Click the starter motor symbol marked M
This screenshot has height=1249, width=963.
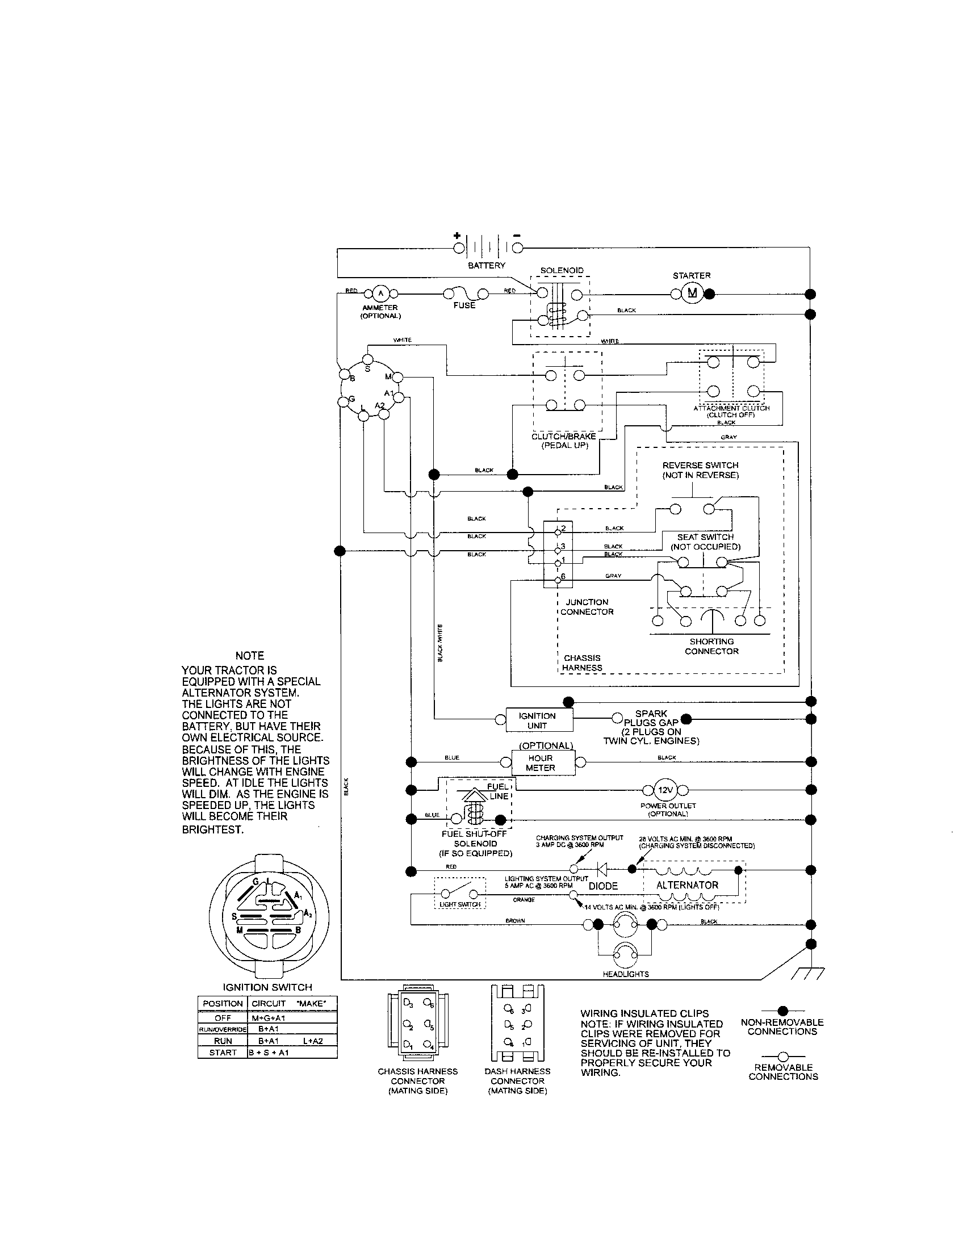click(x=693, y=294)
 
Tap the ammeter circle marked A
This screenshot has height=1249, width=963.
click(x=380, y=294)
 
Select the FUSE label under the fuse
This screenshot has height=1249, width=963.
click(x=464, y=305)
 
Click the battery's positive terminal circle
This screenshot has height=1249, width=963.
click(x=459, y=248)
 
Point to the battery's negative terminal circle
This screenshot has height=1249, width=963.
click(x=517, y=248)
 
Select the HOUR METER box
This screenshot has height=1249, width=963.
click(x=541, y=763)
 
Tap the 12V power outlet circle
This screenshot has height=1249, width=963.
click(x=665, y=790)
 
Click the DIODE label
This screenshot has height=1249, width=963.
click(x=604, y=886)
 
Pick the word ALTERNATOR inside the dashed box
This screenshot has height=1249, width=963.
click(x=687, y=885)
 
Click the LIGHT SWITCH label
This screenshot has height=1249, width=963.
click(x=460, y=904)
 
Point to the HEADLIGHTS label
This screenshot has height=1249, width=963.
click(x=626, y=974)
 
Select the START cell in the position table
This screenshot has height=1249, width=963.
click(x=223, y=1052)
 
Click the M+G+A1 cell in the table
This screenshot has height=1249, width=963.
click(x=268, y=1018)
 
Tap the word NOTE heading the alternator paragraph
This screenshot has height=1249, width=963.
click(x=250, y=655)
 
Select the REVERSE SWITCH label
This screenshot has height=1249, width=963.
click(x=700, y=465)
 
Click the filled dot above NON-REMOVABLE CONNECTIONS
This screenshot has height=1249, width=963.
click(x=783, y=1011)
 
